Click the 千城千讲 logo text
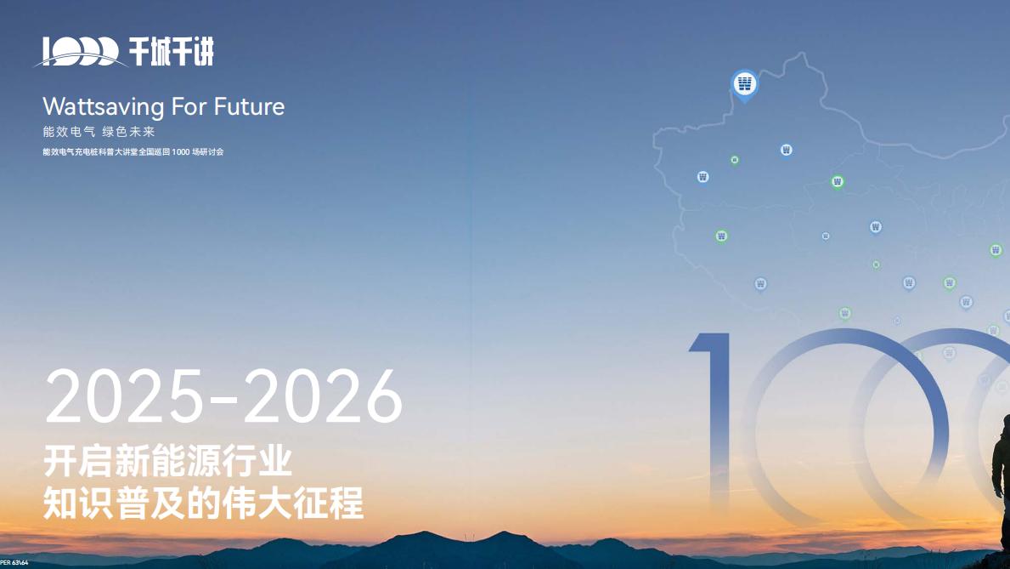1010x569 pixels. click(172, 52)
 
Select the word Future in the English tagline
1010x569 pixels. click(249, 107)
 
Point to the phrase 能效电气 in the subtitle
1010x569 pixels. click(67, 132)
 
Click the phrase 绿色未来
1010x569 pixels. click(128, 132)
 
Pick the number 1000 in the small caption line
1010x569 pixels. click(180, 152)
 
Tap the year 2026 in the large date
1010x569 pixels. click(324, 398)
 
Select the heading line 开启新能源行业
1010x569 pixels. click(168, 462)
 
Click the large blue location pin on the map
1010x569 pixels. click(744, 84)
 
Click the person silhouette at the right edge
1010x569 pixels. click(1001, 476)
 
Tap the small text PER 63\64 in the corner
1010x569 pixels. click(14, 563)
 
